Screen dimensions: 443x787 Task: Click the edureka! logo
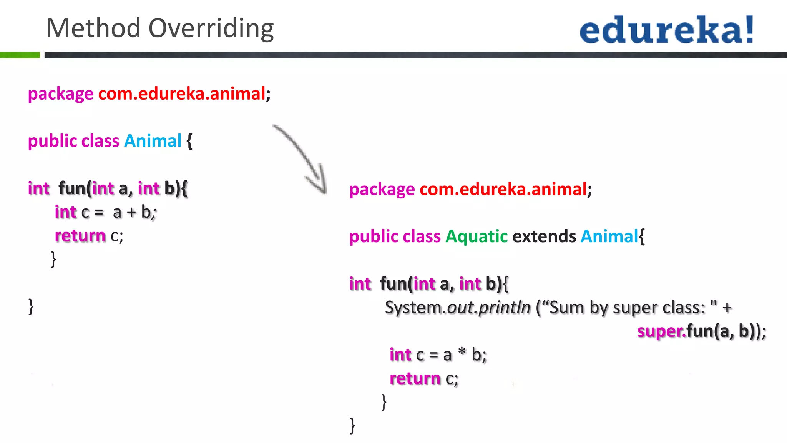pyautogui.click(x=667, y=30)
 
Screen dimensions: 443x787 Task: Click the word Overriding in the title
pyautogui.click(x=211, y=28)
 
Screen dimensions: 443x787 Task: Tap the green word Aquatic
pyautogui.click(x=477, y=236)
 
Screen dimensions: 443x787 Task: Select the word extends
pyautogui.click(x=544, y=236)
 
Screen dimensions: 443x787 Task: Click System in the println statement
pyautogui.click(x=413, y=308)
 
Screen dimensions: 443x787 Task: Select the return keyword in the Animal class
pyautogui.click(x=80, y=236)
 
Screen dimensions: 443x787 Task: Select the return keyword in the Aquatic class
pyautogui.click(x=415, y=378)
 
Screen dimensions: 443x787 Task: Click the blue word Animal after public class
pyautogui.click(x=153, y=141)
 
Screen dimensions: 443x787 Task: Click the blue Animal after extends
pyautogui.click(x=609, y=236)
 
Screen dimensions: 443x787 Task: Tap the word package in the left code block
pyautogui.click(x=61, y=94)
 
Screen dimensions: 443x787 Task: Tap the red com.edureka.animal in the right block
pyautogui.click(x=503, y=189)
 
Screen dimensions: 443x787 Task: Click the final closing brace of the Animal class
pyautogui.click(x=31, y=306)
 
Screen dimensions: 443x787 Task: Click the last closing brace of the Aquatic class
pyautogui.click(x=352, y=426)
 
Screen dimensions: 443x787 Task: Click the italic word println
pyautogui.click(x=504, y=308)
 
